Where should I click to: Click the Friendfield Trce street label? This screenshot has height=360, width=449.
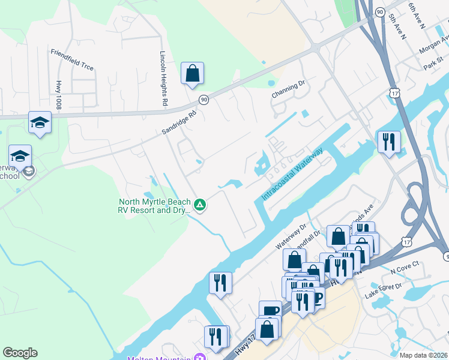pos(72,59)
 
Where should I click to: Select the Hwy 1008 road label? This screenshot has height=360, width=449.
pos(59,94)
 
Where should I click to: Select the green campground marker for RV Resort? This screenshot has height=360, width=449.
pos(200,205)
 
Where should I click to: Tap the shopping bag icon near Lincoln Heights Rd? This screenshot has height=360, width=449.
pos(192,74)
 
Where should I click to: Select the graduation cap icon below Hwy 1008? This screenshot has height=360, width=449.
pos(40,122)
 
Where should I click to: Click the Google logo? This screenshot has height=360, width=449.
pos(20,353)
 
